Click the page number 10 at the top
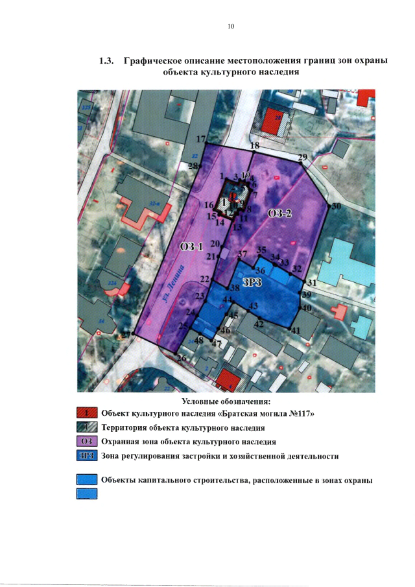click(x=230, y=27)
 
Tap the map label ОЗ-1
click(x=192, y=246)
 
